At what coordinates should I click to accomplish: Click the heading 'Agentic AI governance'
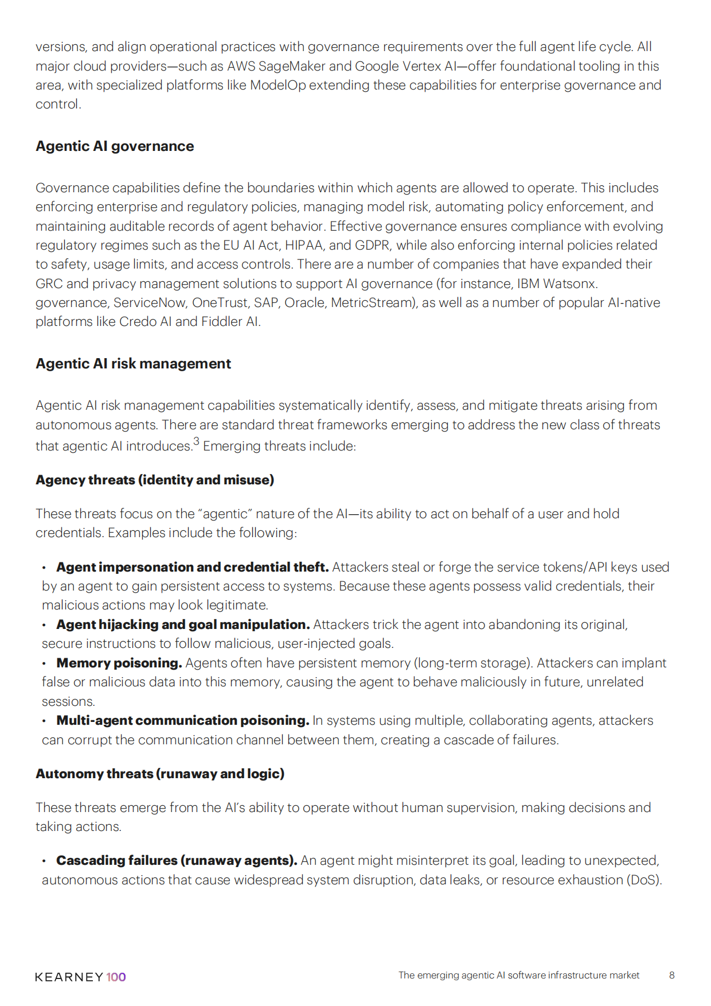coord(115,146)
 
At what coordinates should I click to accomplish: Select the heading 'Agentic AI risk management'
coord(133,364)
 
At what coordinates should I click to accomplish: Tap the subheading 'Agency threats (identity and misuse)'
coord(155,480)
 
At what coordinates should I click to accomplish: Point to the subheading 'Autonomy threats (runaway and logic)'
coord(160,774)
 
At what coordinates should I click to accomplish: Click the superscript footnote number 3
coord(196,441)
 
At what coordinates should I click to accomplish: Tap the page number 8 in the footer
coord(671,975)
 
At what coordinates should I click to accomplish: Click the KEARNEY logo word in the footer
coord(69,977)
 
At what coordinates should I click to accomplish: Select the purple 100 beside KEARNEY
coord(116,977)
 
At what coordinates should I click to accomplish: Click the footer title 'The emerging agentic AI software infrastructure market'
coord(519,975)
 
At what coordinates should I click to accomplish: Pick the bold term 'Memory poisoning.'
coord(119,663)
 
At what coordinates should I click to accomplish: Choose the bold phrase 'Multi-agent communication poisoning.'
coord(183,720)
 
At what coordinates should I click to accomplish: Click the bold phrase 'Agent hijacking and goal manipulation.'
coord(183,624)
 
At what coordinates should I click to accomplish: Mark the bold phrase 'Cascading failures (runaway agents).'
coord(177,860)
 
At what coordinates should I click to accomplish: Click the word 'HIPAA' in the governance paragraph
coord(304,246)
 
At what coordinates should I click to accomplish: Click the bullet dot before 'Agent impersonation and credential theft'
coord(44,568)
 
